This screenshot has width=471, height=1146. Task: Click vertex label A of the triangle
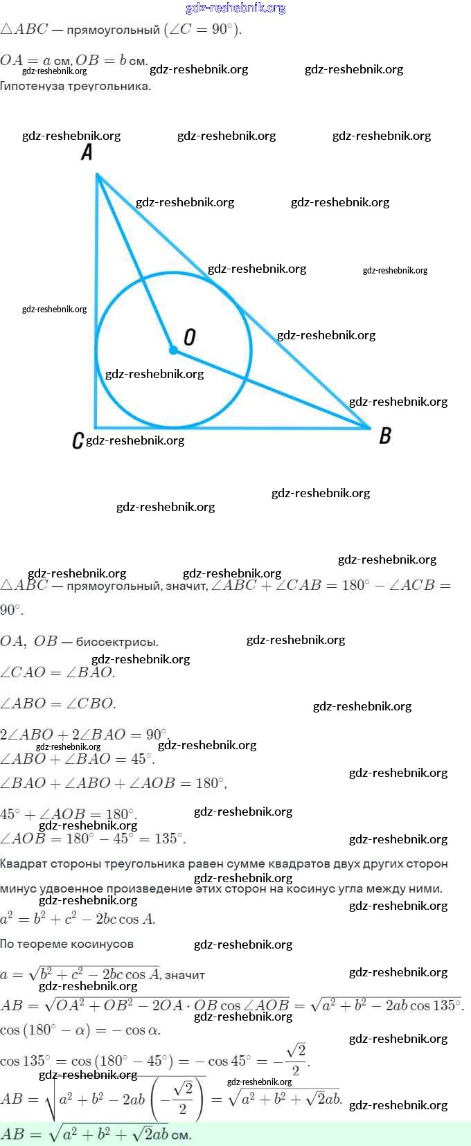(87, 152)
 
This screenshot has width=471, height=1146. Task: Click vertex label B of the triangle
(385, 436)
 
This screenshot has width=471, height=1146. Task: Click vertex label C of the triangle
(78, 440)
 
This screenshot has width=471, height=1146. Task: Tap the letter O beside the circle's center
(189, 337)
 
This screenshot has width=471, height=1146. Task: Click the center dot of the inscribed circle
(173, 350)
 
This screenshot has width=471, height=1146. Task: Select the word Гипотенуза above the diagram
(33, 87)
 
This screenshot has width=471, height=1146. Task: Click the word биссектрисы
(117, 642)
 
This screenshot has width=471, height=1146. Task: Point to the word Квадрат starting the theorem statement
(24, 863)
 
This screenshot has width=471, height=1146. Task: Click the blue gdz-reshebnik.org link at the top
(235, 8)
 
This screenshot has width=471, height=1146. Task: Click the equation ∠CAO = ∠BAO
(57, 672)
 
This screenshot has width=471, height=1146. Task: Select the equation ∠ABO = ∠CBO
(58, 704)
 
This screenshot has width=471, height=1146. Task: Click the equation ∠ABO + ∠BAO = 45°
(77, 759)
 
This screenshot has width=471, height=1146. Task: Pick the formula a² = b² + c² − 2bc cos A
(78, 920)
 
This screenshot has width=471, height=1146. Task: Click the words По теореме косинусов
(66, 944)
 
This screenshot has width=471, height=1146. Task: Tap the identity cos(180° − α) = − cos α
(80, 1030)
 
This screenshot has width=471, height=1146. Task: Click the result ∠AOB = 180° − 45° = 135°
(93, 839)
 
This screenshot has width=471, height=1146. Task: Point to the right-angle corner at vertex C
(97, 426)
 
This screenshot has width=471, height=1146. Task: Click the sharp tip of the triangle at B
(368, 427)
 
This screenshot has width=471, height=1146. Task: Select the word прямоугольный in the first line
(113, 30)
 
